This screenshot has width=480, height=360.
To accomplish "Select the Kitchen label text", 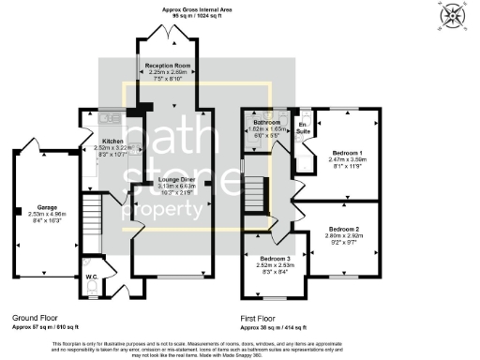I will [x=114, y=142].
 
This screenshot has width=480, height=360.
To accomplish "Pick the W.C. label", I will [x=92, y=277].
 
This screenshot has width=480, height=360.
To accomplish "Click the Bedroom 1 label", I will [x=347, y=152].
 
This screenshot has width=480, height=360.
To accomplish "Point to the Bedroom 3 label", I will [x=276, y=257].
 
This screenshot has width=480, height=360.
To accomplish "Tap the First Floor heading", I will [x=262, y=319].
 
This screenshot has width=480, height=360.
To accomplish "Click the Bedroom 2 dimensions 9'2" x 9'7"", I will [x=344, y=243].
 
